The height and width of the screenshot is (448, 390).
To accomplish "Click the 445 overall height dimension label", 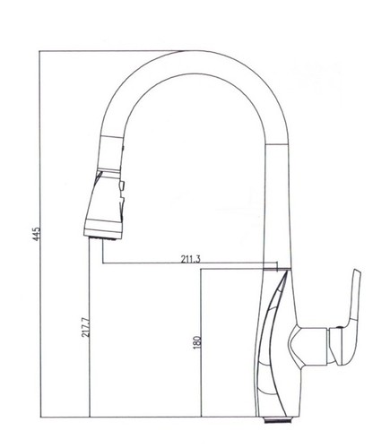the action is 36,234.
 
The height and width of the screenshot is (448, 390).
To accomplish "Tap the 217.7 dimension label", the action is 85,327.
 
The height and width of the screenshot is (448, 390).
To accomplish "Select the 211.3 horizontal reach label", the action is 190,259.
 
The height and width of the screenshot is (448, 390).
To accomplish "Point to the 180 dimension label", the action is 197,342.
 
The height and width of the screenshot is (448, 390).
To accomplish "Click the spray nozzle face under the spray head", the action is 102,238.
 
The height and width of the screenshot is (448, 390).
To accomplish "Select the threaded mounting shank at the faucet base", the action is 278,419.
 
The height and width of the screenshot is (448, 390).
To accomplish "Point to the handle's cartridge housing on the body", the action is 308,346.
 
